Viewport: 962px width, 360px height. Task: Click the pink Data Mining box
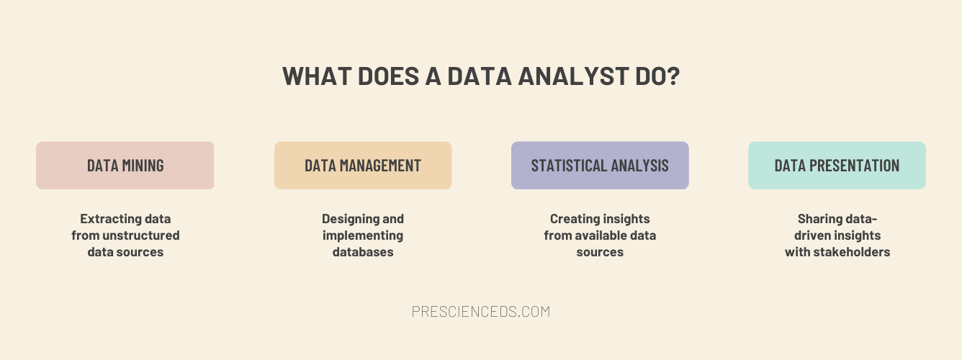(x=125, y=166)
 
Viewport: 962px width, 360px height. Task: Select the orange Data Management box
(x=363, y=166)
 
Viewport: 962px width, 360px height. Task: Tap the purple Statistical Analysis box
(x=600, y=166)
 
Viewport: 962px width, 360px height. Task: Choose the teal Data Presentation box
(x=837, y=166)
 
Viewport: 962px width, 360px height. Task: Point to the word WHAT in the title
(x=317, y=76)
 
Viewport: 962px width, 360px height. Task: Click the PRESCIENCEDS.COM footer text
(x=481, y=312)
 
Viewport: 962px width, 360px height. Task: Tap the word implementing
(x=363, y=236)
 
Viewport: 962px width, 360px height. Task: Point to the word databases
(x=363, y=252)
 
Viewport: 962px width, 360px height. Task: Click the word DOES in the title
(x=388, y=76)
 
